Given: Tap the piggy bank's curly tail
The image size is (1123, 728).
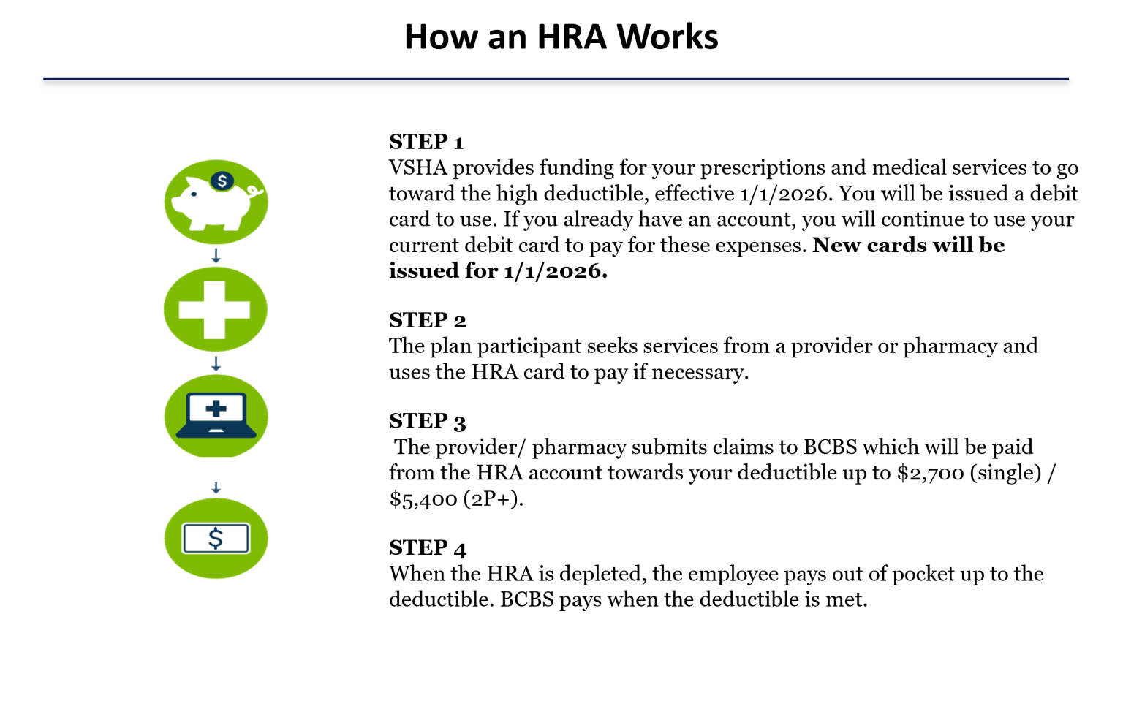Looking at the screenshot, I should tap(255, 192).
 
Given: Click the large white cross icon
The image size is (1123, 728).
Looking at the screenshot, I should tap(214, 310).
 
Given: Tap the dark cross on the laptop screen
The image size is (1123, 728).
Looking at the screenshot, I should tap(216, 409).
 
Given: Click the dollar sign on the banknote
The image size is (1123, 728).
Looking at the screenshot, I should tap(216, 539).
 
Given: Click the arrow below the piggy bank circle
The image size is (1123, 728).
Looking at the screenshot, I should tap(216, 256).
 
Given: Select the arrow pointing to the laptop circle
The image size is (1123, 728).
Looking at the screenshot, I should tap(216, 364).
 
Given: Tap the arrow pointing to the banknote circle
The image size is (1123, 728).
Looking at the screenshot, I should tap(216, 488).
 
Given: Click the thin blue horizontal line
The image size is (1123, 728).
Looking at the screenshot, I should tap(556, 78).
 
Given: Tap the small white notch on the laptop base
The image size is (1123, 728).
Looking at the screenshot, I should tap(216, 431).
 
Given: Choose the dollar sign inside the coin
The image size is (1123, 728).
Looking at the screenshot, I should tap(222, 181).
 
